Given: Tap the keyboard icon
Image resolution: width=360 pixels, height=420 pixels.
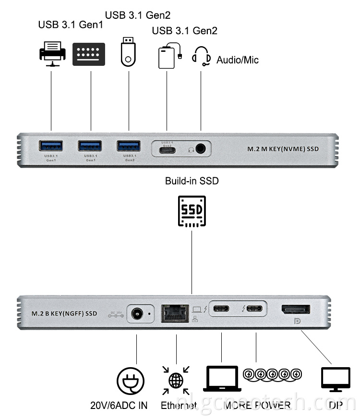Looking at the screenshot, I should tap(88, 54).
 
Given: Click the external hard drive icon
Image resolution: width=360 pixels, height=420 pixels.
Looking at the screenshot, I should tap(168, 57).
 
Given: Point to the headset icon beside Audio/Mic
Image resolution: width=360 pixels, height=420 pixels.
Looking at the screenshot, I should tap(201, 56).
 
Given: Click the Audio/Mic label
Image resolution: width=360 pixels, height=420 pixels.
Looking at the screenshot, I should tap(237, 60).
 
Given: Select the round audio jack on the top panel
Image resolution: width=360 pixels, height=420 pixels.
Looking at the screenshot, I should tap(201, 149).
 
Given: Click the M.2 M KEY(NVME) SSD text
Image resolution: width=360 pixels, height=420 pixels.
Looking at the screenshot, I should tap(283, 149).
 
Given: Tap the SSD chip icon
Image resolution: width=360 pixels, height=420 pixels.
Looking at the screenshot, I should tap(192, 211).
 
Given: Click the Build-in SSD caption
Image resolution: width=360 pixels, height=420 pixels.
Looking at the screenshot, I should tap(192, 181).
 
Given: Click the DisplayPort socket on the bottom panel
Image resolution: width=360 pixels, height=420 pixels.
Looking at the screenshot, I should tap(295, 310).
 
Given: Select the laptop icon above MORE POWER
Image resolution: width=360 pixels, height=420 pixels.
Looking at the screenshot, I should tap(222, 379).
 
